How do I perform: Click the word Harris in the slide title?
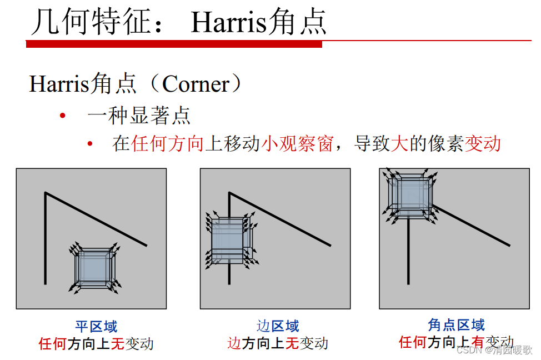coord(228,22)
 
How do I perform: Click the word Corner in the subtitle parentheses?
coord(196,84)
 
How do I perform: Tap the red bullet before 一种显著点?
coord(62,116)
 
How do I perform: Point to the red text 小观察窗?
coord(297,143)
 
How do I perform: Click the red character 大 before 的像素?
coord(399,143)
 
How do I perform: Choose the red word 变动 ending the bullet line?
coord(483,143)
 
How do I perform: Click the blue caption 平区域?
coord(96,327)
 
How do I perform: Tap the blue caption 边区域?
coord(278,326)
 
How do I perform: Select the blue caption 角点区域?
coord(456,325)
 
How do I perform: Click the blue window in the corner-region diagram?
coord(410,195)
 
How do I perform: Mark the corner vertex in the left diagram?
coord(45,193)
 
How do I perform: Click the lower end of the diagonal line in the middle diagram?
coord(330,246)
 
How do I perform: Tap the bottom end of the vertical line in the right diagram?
coord(408,284)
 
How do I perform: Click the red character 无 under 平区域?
coord(117,344)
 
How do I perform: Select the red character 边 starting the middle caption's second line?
coord(234,343)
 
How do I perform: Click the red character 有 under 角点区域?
coord(478,342)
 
